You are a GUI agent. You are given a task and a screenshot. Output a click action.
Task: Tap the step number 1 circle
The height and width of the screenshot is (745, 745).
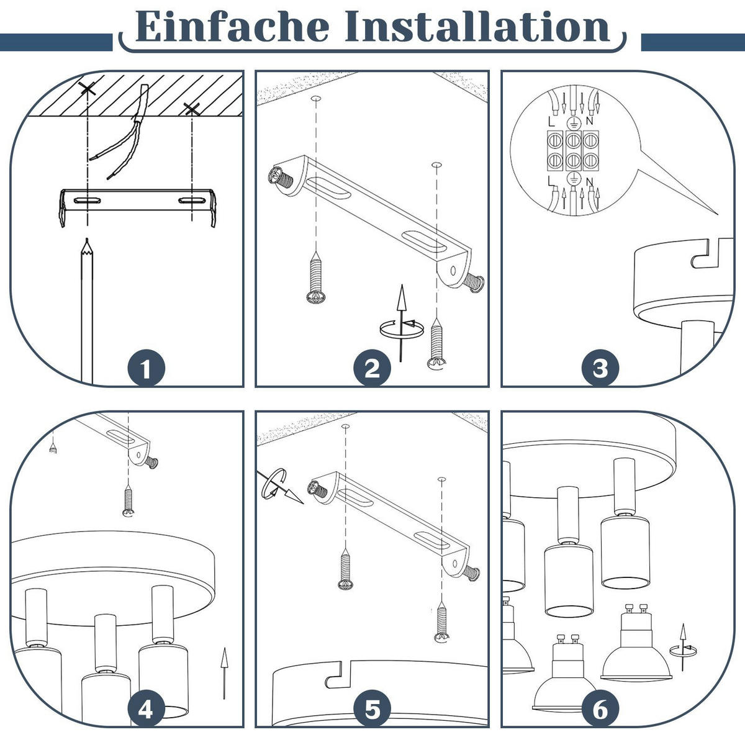146,368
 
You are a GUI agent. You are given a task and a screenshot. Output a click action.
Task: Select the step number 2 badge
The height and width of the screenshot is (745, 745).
372,368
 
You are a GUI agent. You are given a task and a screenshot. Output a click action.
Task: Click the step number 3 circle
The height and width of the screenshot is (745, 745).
600,368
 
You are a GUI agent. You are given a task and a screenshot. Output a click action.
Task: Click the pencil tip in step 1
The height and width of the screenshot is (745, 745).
87,239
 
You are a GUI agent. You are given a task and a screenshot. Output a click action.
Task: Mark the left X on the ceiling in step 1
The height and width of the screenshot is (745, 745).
87,89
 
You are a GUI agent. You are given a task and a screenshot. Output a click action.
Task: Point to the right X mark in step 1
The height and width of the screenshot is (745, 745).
192,109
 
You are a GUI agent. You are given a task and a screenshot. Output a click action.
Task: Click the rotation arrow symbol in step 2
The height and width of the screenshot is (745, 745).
402,323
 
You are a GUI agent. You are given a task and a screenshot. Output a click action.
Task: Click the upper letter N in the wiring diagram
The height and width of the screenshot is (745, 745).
589,120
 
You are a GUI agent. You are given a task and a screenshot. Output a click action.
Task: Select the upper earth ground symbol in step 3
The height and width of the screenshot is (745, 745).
573,123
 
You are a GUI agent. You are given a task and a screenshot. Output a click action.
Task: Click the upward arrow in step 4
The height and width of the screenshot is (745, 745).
224,673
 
